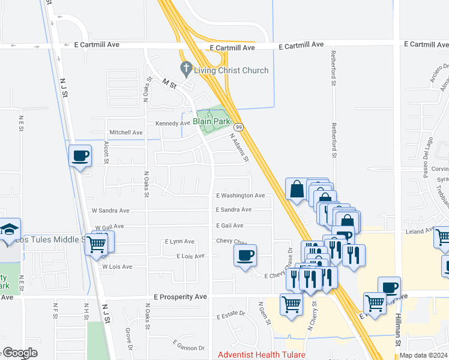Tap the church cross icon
click(186, 70)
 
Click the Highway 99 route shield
click(239, 127)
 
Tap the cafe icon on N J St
click(80, 156)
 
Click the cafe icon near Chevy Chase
click(245, 256)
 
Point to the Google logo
click(20, 353)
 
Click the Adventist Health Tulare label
click(261, 355)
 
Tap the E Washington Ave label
click(240, 196)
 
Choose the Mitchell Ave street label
click(125, 132)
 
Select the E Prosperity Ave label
click(180, 297)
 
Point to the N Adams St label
click(240, 148)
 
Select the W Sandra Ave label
click(110, 211)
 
